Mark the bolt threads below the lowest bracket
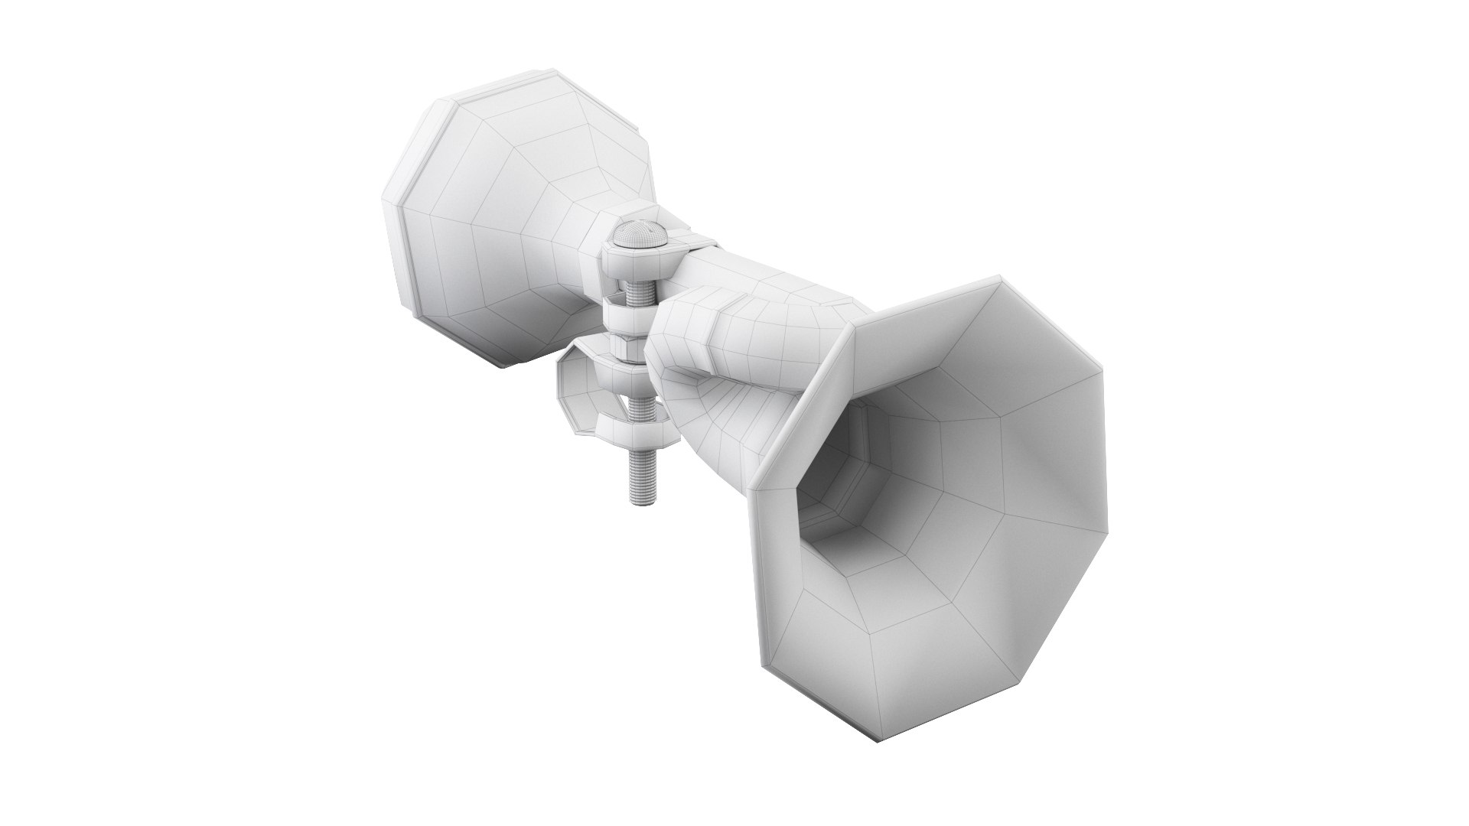click(x=640, y=474)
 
